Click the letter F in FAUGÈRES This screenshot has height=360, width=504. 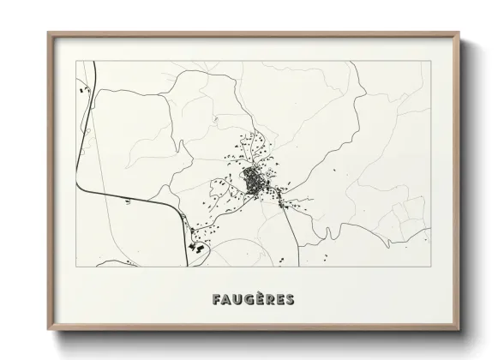coord(215,300)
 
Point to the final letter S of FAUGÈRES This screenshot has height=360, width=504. coord(289,300)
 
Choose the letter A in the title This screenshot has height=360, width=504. coord(226,300)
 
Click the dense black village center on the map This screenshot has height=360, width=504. coord(254,181)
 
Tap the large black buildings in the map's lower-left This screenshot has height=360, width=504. coord(195,247)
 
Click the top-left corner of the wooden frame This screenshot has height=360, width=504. coord(48,33)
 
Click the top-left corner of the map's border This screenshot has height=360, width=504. coord(77,61)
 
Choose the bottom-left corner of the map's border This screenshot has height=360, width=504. coord(77,267)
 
